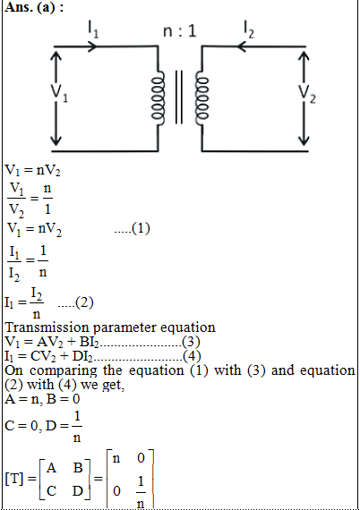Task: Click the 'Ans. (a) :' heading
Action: [x=34, y=7]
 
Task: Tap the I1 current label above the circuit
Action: [x=93, y=30]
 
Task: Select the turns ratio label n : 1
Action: [x=180, y=31]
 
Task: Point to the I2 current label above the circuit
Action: [x=249, y=30]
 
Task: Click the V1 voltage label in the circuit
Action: [x=59, y=92]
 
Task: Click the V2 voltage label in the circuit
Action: [x=307, y=93]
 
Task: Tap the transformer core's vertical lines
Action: [x=179, y=97]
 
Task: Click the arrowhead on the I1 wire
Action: [x=92, y=47]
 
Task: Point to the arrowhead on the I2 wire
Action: [x=241, y=47]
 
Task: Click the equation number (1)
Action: [x=141, y=228]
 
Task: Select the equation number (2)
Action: [x=84, y=302]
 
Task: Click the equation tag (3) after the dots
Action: [x=191, y=342]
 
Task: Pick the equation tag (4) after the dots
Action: [x=192, y=356]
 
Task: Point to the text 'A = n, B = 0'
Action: [x=42, y=399]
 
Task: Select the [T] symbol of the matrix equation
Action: [x=14, y=479]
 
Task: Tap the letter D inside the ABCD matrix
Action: [x=78, y=491]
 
